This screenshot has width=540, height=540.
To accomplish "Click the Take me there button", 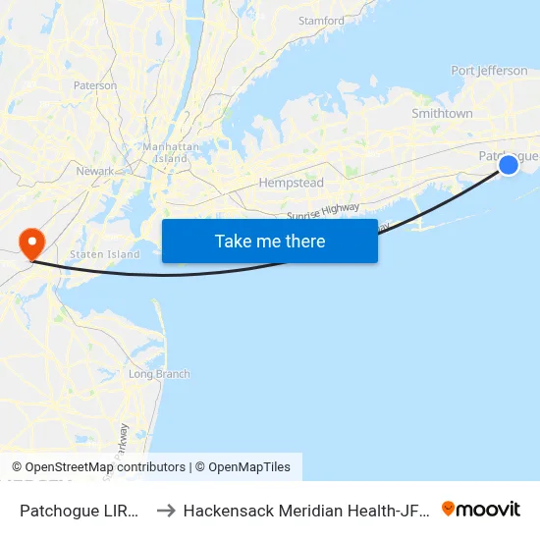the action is click(x=270, y=241).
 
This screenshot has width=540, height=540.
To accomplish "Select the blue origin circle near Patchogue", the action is click(x=509, y=165).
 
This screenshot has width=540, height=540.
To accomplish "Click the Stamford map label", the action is click(x=321, y=21).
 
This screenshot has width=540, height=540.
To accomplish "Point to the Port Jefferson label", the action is click(x=489, y=71).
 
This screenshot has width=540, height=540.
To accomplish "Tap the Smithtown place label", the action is click(x=442, y=114).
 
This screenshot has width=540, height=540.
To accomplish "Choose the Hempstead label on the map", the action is click(x=292, y=183).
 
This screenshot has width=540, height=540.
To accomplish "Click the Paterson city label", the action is click(x=94, y=86).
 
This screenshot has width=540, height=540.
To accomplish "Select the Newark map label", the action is click(x=95, y=171).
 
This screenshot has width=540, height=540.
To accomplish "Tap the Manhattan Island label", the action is click(x=165, y=152).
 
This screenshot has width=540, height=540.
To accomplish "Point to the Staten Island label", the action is click(x=105, y=254).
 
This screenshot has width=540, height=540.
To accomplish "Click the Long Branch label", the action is click(x=159, y=374).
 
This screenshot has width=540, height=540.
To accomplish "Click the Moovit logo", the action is click(x=481, y=510).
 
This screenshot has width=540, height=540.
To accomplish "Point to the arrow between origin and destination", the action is click(x=166, y=511).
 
